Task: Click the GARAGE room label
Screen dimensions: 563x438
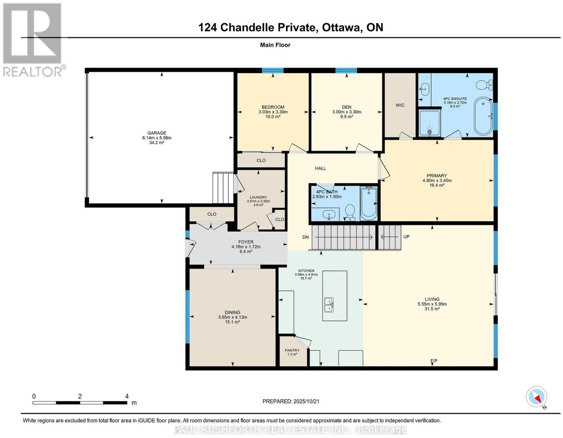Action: click(x=157, y=133)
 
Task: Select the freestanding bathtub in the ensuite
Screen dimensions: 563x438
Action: click(x=483, y=116)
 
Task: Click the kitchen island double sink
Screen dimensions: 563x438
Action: click(x=329, y=305)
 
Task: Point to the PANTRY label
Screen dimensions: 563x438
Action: click(x=292, y=350)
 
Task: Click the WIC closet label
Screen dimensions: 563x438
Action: click(x=400, y=105)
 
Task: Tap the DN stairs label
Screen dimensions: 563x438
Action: click(x=305, y=237)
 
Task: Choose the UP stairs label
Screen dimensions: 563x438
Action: click(x=406, y=237)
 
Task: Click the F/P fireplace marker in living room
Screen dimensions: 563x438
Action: click(x=434, y=361)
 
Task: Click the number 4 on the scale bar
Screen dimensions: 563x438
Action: click(x=127, y=396)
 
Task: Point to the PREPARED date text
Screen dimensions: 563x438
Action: click(x=291, y=401)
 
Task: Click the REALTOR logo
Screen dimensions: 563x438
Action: click(x=33, y=40)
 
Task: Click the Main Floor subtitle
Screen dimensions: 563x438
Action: click(x=275, y=45)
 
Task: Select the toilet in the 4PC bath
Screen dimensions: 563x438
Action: click(x=350, y=212)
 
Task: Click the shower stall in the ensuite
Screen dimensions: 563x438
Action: click(x=430, y=123)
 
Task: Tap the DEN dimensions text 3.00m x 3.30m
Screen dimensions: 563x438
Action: click(x=347, y=112)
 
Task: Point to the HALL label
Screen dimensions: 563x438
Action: click(x=321, y=168)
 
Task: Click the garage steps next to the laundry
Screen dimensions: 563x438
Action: click(x=223, y=188)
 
